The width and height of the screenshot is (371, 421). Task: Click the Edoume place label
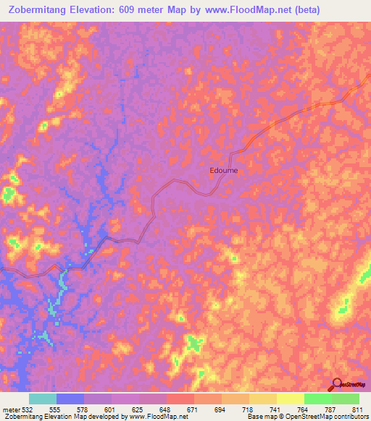(x=223, y=171)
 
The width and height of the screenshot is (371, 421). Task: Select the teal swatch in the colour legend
(x=43, y=399)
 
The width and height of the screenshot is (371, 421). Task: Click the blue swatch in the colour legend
(x=70, y=399)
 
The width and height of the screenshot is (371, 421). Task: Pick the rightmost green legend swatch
(x=346, y=399)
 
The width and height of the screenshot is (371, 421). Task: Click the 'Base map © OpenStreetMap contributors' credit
(x=307, y=417)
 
